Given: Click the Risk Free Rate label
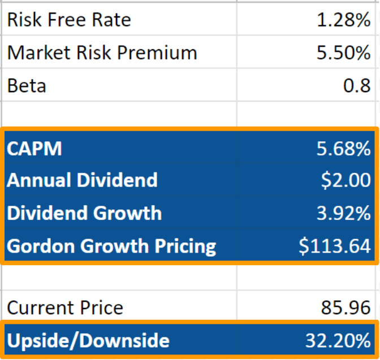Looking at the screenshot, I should point(69,20).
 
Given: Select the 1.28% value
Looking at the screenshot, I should point(343,20).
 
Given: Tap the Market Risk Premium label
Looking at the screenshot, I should point(102,53).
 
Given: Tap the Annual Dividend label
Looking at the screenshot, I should point(82,181).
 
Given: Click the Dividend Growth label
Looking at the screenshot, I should point(84,213).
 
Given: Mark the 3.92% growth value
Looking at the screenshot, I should point(343,213).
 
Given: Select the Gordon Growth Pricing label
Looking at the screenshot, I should point(111,246).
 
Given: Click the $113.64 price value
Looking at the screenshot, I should point(335,246).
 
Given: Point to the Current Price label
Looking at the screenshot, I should point(65,308).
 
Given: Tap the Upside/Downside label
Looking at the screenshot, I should point(88,340).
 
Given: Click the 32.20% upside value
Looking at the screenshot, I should point(338,340).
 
